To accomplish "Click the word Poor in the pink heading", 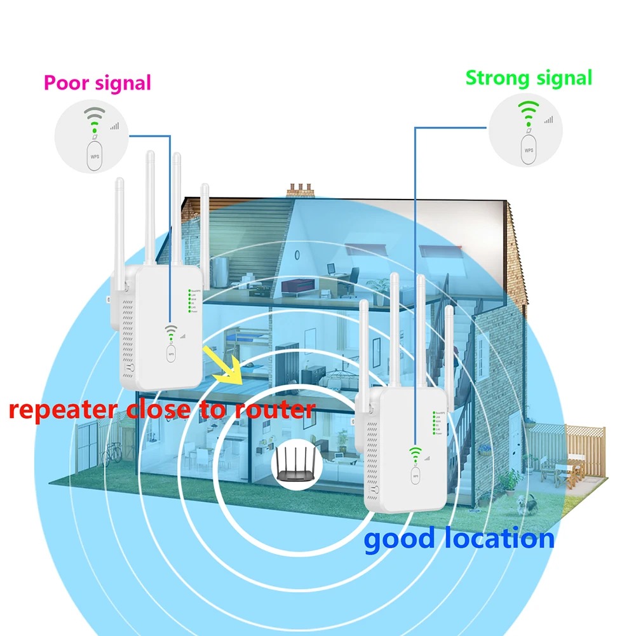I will click(x=67, y=83).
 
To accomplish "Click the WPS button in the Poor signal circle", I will click(x=95, y=156).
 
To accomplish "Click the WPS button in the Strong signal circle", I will click(x=529, y=150).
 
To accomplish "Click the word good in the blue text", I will click(x=398, y=539).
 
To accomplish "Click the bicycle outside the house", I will click(x=112, y=452).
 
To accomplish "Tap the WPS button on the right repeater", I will click(x=416, y=474).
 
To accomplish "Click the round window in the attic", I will click(x=297, y=254).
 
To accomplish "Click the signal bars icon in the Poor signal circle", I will click(x=114, y=126).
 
